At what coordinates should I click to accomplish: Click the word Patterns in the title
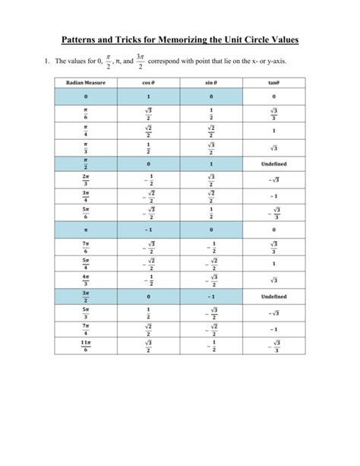point(84,39)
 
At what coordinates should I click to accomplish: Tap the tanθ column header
point(273,82)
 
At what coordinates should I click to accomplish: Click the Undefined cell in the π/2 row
point(273,163)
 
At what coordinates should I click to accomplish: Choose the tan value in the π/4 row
point(273,131)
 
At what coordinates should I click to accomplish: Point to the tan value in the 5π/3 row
point(273,312)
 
